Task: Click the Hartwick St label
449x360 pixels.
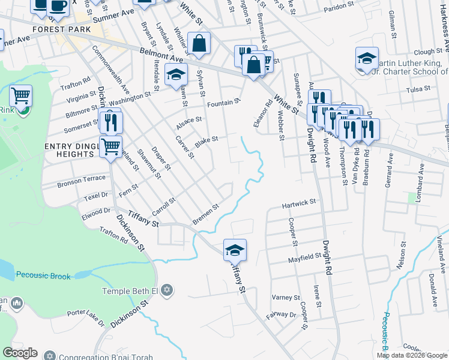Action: pos(299,205)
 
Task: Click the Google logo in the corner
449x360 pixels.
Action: pos(20,353)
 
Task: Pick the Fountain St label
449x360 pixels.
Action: pos(223,104)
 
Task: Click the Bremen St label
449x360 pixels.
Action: pos(205,214)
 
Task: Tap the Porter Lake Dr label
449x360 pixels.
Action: pos(85,317)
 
